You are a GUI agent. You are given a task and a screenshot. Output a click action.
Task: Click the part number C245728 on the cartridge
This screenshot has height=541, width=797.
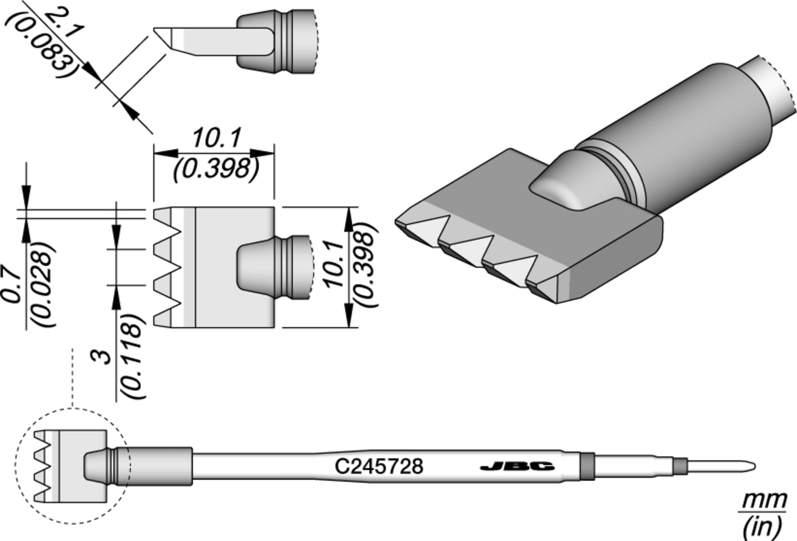379,467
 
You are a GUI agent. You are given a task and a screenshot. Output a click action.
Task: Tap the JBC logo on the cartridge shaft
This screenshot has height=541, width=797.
517,467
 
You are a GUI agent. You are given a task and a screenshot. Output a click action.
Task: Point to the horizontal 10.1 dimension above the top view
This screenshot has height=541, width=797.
215,139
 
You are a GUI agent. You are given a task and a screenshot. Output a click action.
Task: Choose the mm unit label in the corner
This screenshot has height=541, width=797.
764,500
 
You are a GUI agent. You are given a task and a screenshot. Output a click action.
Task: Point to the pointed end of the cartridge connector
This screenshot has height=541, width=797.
749,467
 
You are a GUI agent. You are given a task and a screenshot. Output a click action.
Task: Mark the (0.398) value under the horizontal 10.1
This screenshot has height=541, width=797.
215,169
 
